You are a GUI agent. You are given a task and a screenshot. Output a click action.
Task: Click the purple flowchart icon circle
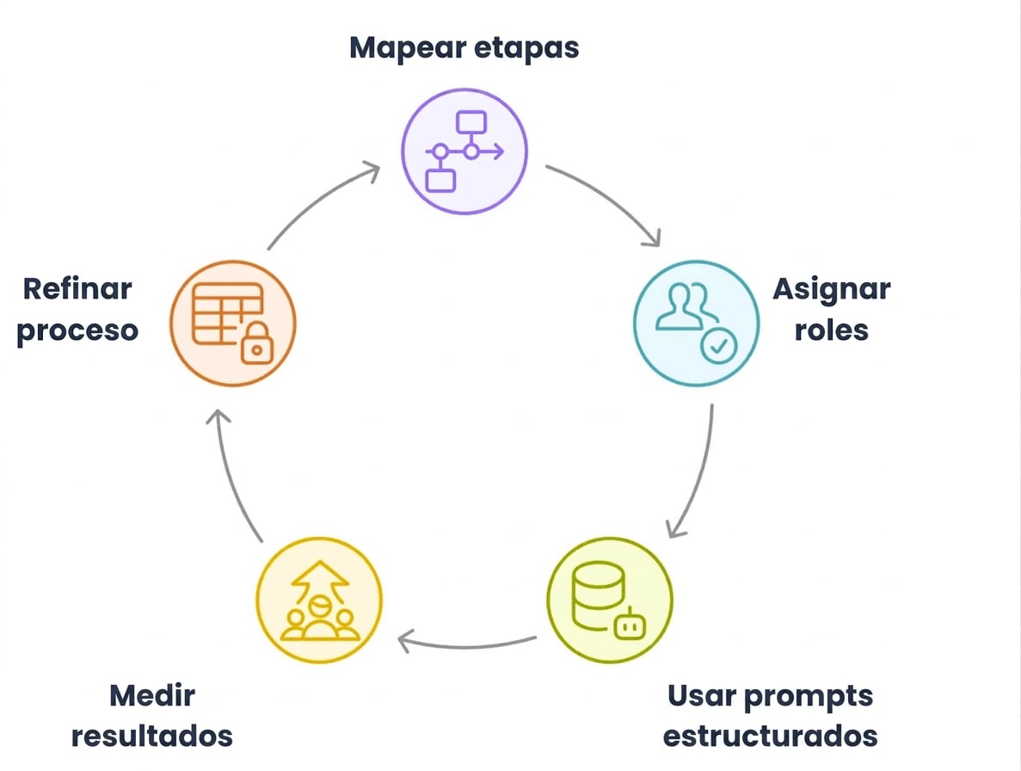pyautogui.click(x=464, y=151)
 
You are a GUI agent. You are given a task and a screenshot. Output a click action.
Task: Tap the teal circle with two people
pyautogui.click(x=696, y=324)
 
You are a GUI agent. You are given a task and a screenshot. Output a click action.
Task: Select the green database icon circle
pyautogui.click(x=610, y=600)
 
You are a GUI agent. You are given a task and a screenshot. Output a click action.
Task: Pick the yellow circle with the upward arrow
pyautogui.click(x=319, y=600)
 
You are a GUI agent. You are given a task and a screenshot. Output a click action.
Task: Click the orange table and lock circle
pyautogui.click(x=233, y=324)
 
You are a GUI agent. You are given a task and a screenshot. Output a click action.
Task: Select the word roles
pyautogui.click(x=832, y=330)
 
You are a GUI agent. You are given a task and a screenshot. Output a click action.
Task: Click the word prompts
pyautogui.click(x=808, y=697)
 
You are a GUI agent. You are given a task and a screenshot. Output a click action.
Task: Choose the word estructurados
pyautogui.click(x=771, y=737)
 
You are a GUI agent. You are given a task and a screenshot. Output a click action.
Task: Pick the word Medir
pyautogui.click(x=152, y=695)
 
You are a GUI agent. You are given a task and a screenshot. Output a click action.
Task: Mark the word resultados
pyautogui.click(x=151, y=737)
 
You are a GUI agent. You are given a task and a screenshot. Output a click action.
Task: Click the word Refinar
pyautogui.click(x=77, y=288)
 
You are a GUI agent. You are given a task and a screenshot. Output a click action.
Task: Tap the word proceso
pyautogui.click(x=77, y=331)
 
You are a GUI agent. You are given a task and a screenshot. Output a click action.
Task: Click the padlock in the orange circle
pyautogui.click(x=256, y=342)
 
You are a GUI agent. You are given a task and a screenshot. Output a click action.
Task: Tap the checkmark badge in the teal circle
pyautogui.click(x=719, y=346)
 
